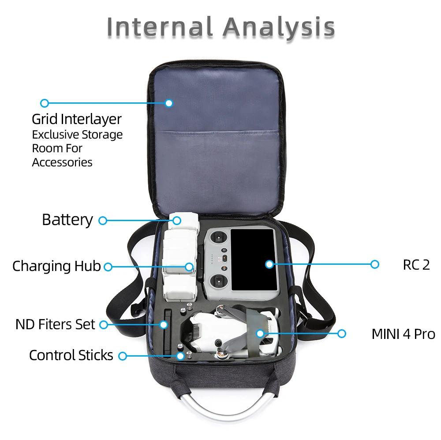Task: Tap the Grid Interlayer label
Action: coord(76,119)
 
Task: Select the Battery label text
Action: coord(67,220)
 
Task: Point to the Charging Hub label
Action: coord(56,266)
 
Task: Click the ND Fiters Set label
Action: coord(55,324)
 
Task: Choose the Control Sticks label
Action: coord(71,355)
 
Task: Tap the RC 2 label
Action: coord(416,265)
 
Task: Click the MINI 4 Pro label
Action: coord(403,334)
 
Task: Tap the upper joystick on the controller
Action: coord(217,239)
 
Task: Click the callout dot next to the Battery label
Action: coord(103,220)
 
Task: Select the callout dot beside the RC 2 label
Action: coord(374,264)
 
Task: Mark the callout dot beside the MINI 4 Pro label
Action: coord(341,334)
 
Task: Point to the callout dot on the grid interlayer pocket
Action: coord(168,103)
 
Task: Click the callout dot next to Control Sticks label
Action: coord(123,356)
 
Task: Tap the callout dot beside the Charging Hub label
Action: coord(108,267)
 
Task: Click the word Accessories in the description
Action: coord(62,162)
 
